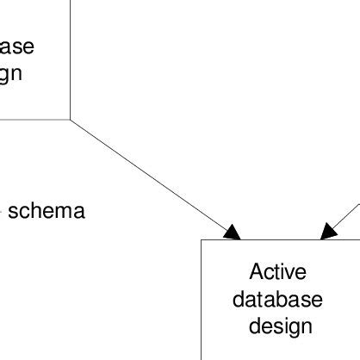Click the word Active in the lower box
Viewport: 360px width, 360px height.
(277, 273)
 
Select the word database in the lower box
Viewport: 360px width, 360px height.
(277, 300)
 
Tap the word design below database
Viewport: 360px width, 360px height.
(277, 326)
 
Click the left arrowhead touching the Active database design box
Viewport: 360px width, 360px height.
(232, 231)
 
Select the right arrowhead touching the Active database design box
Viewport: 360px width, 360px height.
(327, 231)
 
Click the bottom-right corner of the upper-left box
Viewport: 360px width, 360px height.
(70, 119)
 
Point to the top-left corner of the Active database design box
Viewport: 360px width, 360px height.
(202, 239)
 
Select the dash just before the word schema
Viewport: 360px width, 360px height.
(3, 212)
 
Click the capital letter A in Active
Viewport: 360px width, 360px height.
(256, 273)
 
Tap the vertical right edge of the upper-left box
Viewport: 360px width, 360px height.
(70, 60)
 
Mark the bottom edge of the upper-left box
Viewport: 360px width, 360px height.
(34, 119)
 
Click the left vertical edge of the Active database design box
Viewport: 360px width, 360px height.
(202, 301)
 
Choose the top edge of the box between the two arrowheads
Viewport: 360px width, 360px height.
(280, 239)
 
